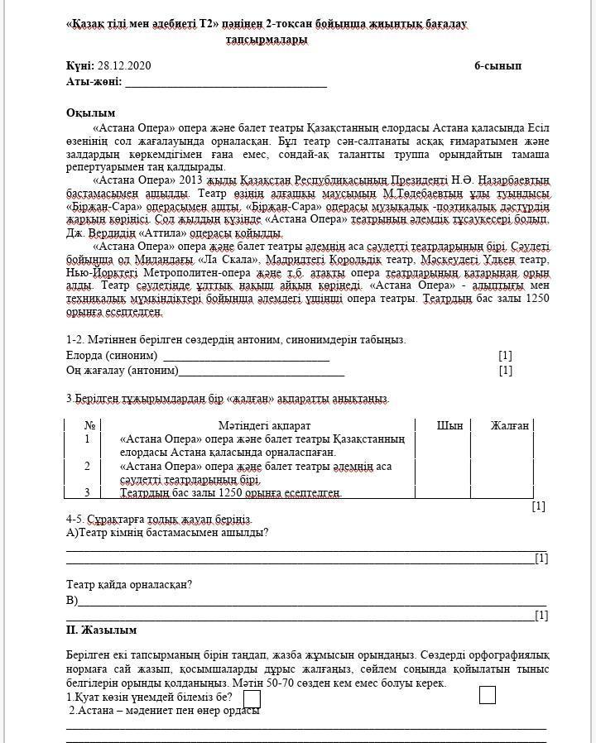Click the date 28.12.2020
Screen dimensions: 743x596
click(124, 66)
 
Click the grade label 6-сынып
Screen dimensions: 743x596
click(497, 66)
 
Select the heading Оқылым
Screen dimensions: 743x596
click(90, 113)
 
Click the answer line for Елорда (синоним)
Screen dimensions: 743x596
click(247, 357)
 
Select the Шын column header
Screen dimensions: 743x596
click(449, 425)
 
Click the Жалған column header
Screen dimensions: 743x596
click(509, 425)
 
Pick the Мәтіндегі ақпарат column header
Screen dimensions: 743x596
click(262, 425)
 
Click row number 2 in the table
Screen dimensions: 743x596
click(87, 467)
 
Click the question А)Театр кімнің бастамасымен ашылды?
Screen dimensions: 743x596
click(167, 532)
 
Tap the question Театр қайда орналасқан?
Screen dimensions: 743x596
click(129, 585)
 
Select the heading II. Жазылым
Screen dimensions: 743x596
click(101, 630)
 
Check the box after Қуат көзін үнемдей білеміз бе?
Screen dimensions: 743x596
click(252, 698)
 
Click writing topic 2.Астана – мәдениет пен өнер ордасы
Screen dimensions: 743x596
click(165, 711)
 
